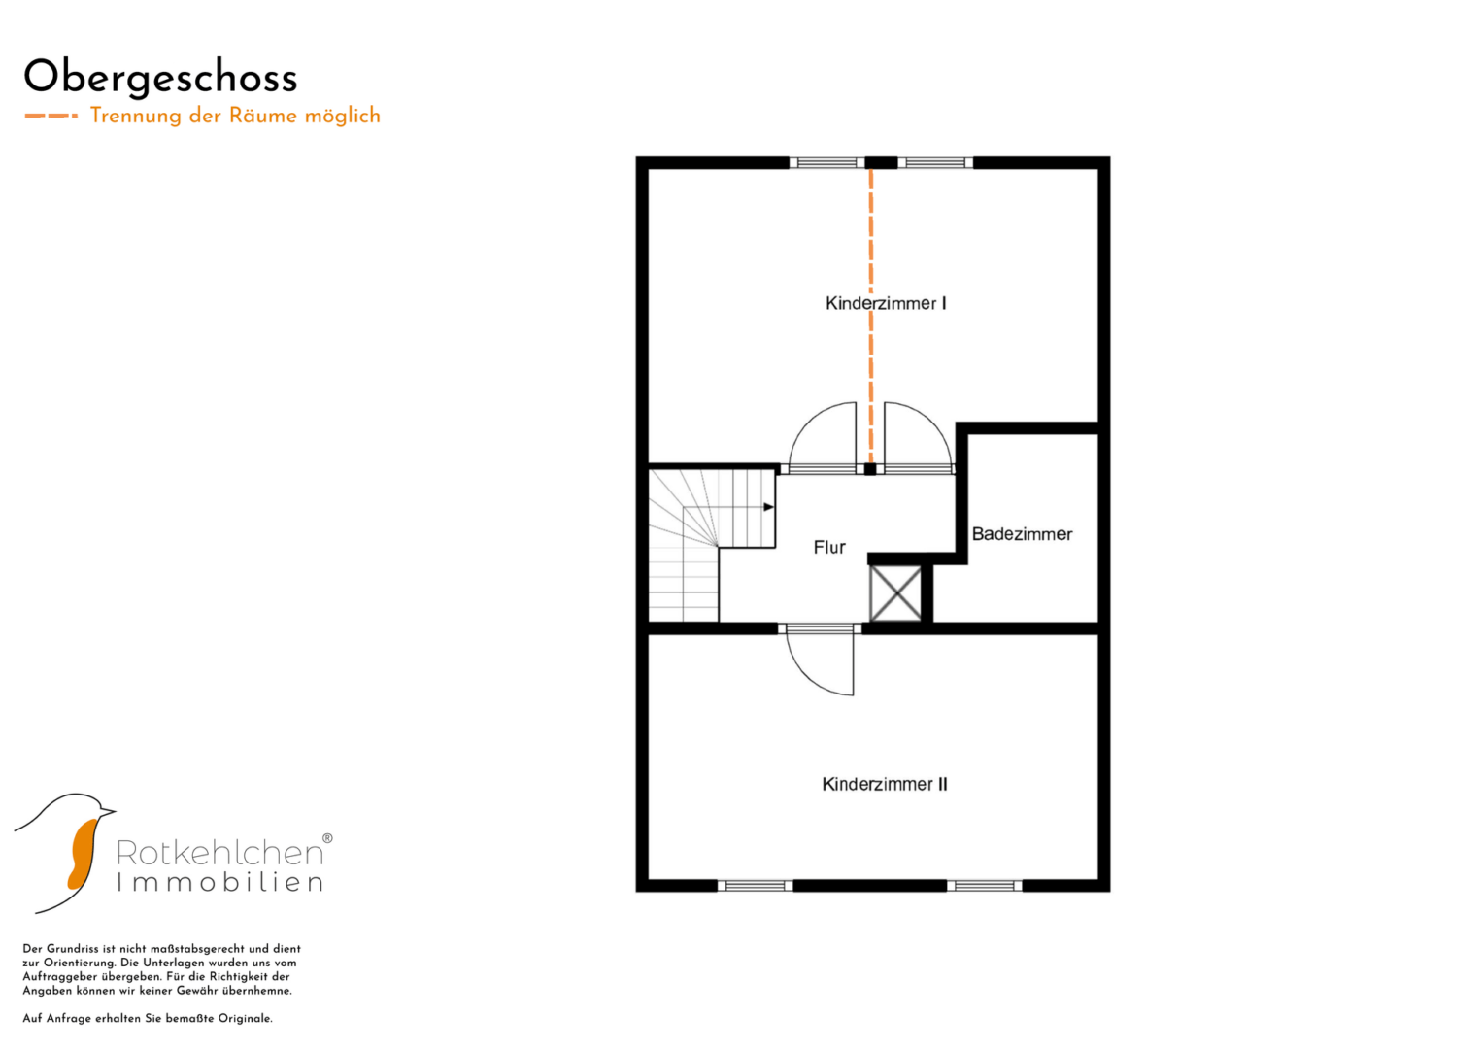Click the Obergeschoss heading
pyautogui.click(x=160, y=79)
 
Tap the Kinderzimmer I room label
pyautogui.click(x=886, y=303)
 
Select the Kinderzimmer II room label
pyautogui.click(x=885, y=784)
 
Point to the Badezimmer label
pyautogui.click(x=1023, y=534)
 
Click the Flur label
pyautogui.click(x=829, y=547)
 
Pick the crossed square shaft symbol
pyautogui.click(x=895, y=593)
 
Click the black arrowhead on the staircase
pyautogui.click(x=768, y=507)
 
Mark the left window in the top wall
pyautogui.click(x=826, y=163)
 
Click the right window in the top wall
pyautogui.click(x=935, y=163)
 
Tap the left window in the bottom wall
pyautogui.click(x=756, y=886)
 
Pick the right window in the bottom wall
pyautogui.click(x=985, y=886)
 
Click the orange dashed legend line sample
pyautogui.click(x=51, y=116)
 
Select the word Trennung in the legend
pyautogui.click(x=136, y=116)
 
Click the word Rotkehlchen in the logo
pyautogui.click(x=219, y=853)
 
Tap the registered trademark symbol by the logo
pyautogui.click(x=327, y=838)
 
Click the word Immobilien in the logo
pyautogui.click(x=219, y=882)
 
